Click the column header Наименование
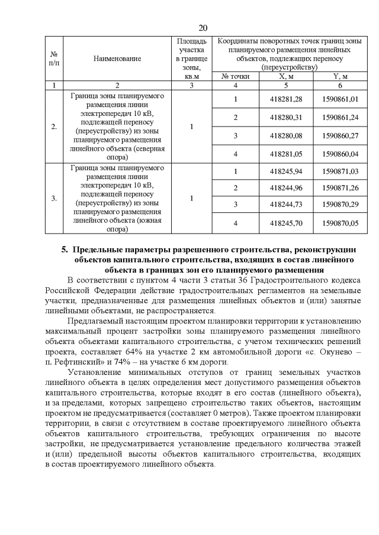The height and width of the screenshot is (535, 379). (117, 59)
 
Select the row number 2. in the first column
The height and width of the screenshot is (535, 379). (54, 127)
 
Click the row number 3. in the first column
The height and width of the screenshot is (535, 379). (54, 197)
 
